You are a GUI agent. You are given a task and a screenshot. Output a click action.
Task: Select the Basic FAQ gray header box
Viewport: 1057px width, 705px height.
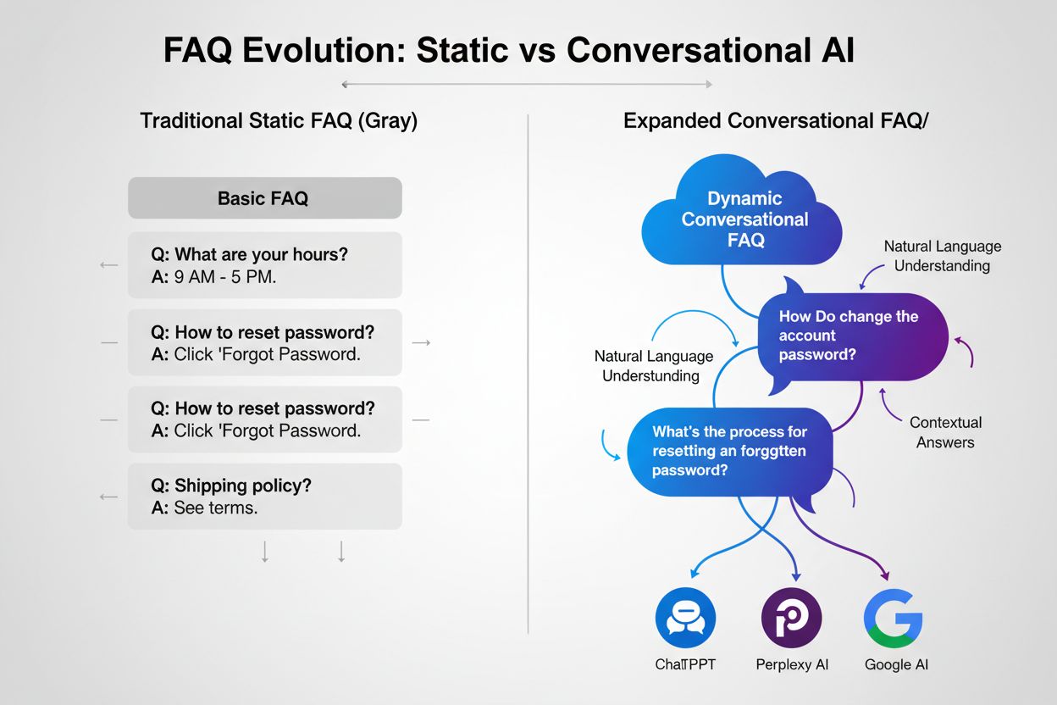pyautogui.click(x=264, y=198)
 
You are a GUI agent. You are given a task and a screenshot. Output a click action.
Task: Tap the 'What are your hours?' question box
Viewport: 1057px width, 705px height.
pyautogui.click(x=264, y=265)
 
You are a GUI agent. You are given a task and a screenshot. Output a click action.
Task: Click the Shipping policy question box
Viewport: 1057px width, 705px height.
pyautogui.click(x=264, y=497)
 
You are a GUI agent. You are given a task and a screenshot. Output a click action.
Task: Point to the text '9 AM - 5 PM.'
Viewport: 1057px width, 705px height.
pyautogui.click(x=225, y=277)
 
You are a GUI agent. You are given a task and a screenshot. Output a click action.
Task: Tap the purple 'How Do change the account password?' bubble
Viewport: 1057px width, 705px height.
pyautogui.click(x=850, y=336)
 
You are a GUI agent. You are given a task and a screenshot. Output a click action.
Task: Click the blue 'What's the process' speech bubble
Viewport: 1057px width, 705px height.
pyautogui.click(x=729, y=451)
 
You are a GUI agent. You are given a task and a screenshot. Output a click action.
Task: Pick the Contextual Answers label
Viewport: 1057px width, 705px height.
pyautogui.click(x=945, y=432)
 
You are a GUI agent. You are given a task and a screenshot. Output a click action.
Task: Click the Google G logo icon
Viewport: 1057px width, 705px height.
pyautogui.click(x=893, y=619)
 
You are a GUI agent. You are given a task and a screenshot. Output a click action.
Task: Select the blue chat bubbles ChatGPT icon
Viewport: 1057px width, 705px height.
pyautogui.click(x=685, y=619)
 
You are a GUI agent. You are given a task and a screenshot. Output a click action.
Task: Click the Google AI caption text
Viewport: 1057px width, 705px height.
pyautogui.click(x=896, y=664)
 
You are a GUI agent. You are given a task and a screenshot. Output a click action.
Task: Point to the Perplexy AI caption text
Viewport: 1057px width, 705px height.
pyautogui.click(x=791, y=664)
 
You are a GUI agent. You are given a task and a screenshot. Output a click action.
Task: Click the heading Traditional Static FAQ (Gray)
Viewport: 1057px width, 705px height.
pyautogui.click(x=279, y=120)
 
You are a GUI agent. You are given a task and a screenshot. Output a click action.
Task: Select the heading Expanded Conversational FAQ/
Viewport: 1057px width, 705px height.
pyautogui.click(x=776, y=120)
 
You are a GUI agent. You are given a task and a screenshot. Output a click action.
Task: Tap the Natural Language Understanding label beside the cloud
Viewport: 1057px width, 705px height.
pyautogui.click(x=942, y=256)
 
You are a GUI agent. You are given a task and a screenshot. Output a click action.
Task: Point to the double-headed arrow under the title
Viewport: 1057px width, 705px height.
pyautogui.click(x=526, y=84)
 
